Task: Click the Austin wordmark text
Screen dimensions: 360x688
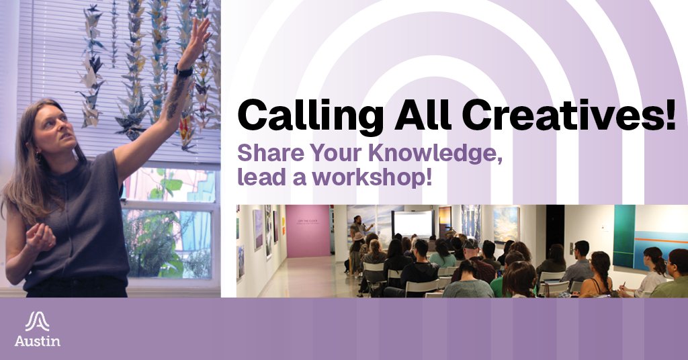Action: click(x=37, y=341)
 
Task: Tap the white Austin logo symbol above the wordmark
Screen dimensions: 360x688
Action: click(x=37, y=322)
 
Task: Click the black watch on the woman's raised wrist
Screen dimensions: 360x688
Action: click(x=183, y=70)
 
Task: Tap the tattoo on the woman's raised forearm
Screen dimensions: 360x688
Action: click(x=176, y=97)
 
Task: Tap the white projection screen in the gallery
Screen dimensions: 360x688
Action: click(x=413, y=224)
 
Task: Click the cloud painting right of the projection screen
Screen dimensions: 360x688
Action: click(x=507, y=225)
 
